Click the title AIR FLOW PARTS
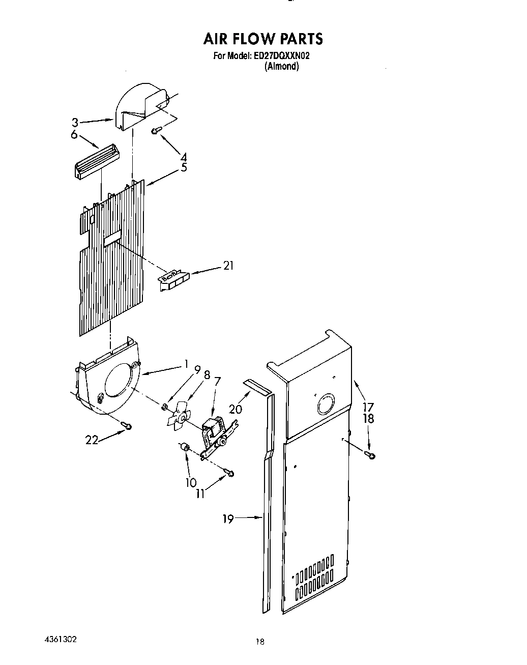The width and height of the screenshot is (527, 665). (x=263, y=39)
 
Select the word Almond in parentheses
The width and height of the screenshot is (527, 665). (x=281, y=67)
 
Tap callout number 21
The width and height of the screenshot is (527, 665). (x=228, y=266)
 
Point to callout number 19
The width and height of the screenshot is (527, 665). (x=228, y=518)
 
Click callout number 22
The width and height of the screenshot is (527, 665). (x=92, y=441)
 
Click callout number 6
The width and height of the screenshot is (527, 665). (x=74, y=134)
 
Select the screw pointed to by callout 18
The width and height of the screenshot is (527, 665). (x=371, y=455)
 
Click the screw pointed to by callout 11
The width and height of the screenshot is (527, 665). (x=231, y=474)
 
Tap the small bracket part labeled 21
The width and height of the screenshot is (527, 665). (x=173, y=279)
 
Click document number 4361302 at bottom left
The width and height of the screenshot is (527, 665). (x=60, y=639)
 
